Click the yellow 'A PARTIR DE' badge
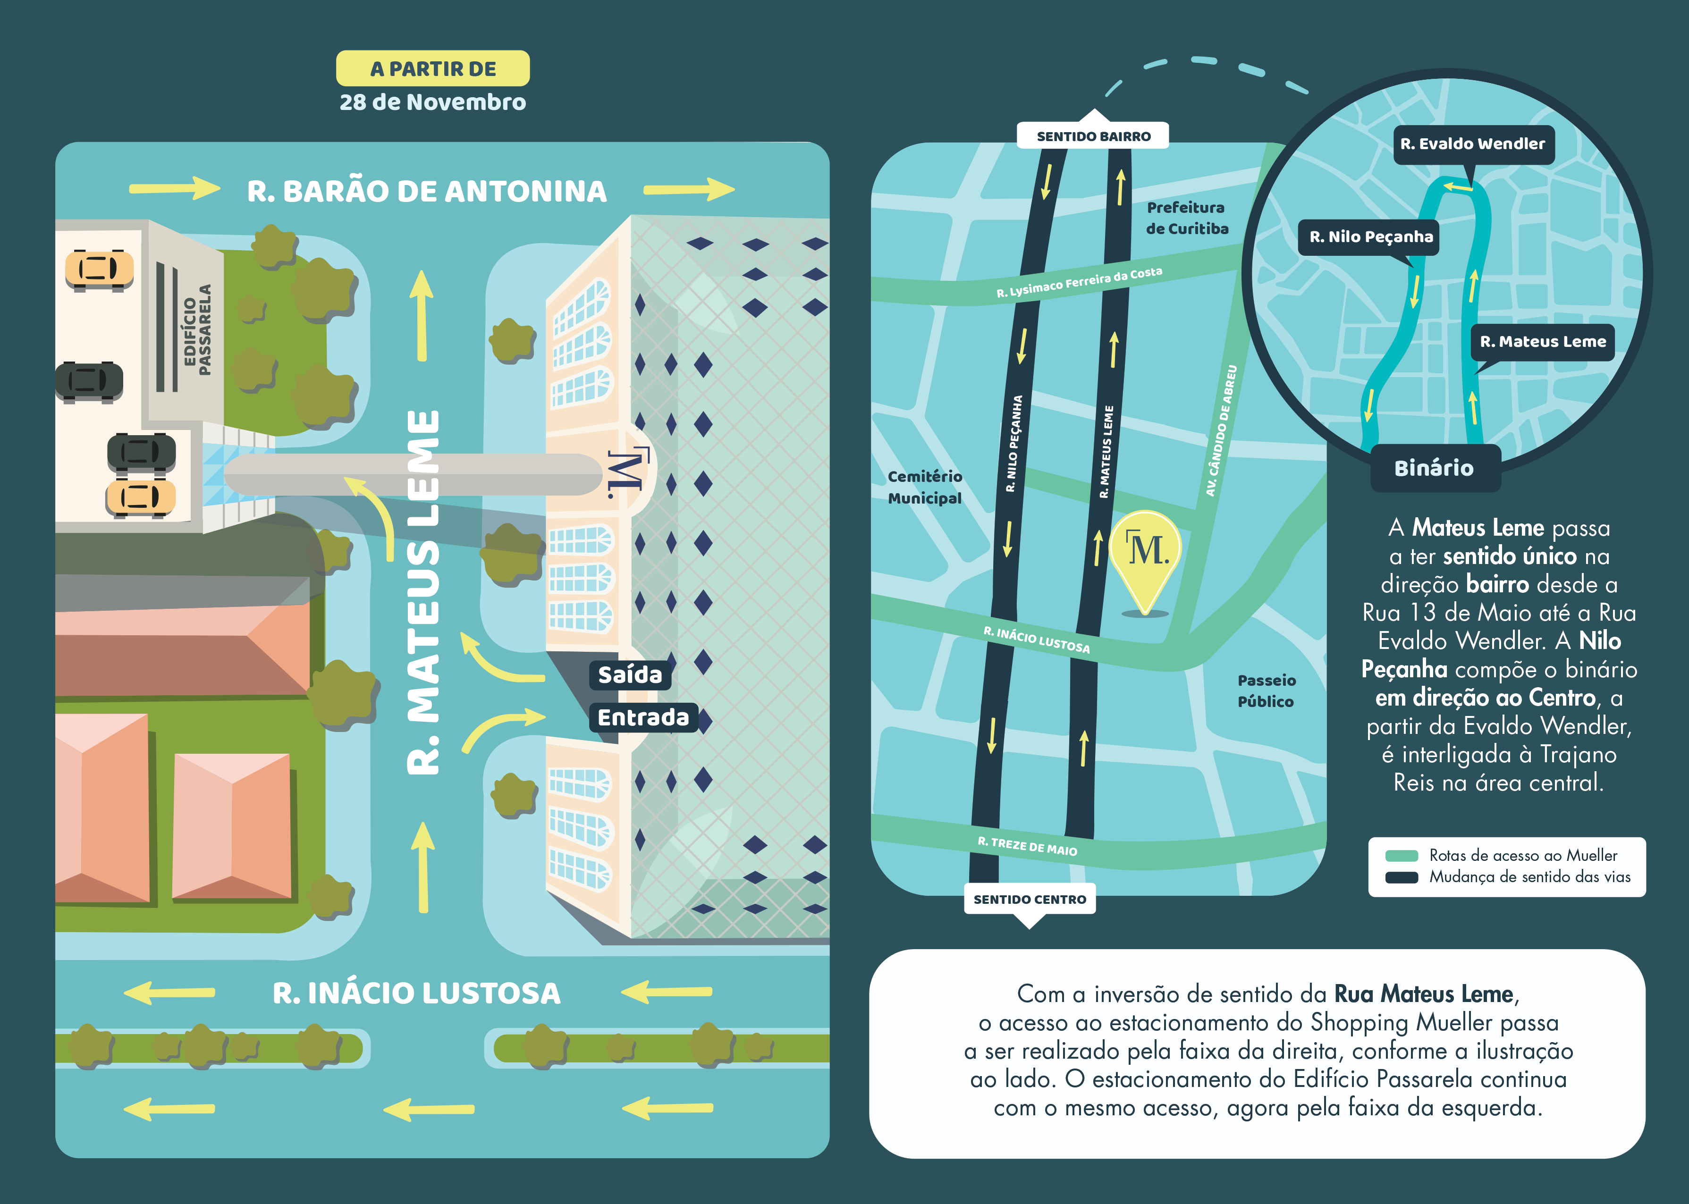click(x=433, y=68)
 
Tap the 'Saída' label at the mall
click(x=630, y=674)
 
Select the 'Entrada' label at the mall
click(x=643, y=718)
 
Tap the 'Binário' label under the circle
click(x=1435, y=468)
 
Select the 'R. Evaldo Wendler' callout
click(x=1472, y=144)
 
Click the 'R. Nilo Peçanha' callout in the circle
click(x=1370, y=237)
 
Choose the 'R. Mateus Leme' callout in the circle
click(x=1542, y=342)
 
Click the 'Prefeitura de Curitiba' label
click(x=1186, y=218)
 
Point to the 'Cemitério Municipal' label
click(x=925, y=487)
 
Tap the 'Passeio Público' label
click(x=1267, y=690)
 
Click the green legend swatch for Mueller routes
click(x=1402, y=856)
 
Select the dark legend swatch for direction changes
click(x=1402, y=877)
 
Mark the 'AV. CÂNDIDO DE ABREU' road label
click(x=1221, y=430)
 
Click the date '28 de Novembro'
click(x=433, y=102)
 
